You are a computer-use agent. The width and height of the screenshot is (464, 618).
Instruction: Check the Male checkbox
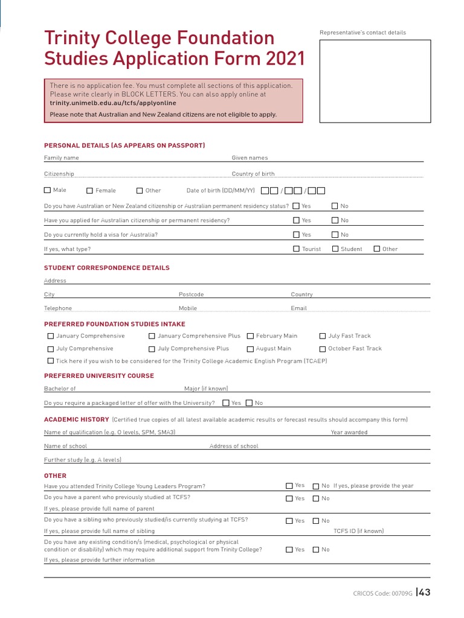pyautogui.click(x=48, y=191)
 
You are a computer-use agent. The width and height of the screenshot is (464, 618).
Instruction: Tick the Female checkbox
pyautogui.click(x=90, y=191)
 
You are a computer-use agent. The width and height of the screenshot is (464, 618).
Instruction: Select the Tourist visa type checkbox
pyautogui.click(x=297, y=249)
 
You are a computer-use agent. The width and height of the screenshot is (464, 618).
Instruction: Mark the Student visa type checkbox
pyautogui.click(x=335, y=249)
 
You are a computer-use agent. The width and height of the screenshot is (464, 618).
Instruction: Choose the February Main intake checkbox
pyautogui.click(x=250, y=336)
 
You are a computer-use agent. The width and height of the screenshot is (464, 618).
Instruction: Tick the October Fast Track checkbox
pyautogui.click(x=323, y=349)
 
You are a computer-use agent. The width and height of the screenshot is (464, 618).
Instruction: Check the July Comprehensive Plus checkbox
pyautogui.click(x=152, y=349)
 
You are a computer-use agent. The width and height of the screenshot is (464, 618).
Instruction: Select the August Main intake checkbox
pyautogui.click(x=250, y=349)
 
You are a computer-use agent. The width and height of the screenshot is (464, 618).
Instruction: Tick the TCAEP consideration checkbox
pyautogui.click(x=51, y=361)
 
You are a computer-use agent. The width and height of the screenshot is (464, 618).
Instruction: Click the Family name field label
pyautogui.click(x=62, y=158)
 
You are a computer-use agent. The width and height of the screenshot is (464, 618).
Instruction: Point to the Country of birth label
pyautogui.click(x=253, y=174)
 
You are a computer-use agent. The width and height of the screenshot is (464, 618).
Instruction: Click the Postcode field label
pyautogui.click(x=192, y=295)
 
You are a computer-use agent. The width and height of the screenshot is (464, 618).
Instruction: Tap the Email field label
pyautogui.click(x=299, y=308)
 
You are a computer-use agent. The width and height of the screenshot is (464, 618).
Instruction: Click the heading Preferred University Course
pyautogui.click(x=99, y=375)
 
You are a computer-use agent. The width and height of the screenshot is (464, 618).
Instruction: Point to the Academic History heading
pyautogui.click(x=77, y=419)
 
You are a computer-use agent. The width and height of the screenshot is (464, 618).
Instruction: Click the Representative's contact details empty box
pyautogui.click(x=375, y=81)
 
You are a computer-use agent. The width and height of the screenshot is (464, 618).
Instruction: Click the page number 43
pyautogui.click(x=424, y=593)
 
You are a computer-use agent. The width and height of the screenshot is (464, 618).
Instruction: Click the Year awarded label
pyautogui.click(x=349, y=433)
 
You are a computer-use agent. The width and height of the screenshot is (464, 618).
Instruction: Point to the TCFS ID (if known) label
pyautogui.click(x=359, y=531)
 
